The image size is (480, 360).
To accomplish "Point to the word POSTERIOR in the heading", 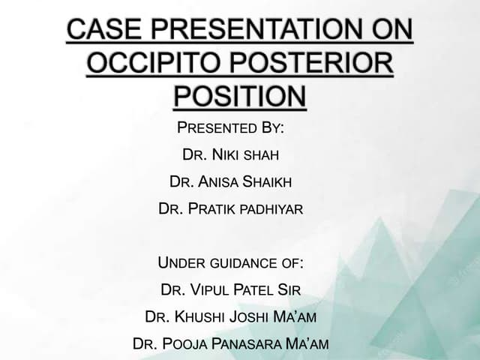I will (x=318, y=64).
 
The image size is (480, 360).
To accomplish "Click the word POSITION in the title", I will (x=240, y=97).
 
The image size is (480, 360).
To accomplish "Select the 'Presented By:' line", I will (x=229, y=127).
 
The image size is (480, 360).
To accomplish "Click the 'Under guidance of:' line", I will (x=231, y=263).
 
